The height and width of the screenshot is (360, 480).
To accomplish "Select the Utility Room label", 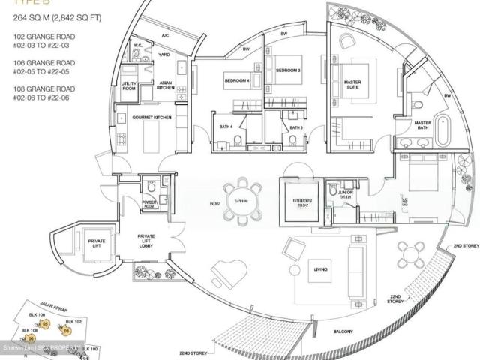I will point(129,85).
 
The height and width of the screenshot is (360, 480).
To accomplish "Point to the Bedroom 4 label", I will point(238,79).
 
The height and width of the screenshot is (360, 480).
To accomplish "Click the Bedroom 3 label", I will point(288,70).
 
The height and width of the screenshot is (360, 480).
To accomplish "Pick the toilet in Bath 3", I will point(292,139).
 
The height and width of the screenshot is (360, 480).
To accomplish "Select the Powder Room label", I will point(149,204).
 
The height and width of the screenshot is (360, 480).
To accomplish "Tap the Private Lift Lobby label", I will point(146,241).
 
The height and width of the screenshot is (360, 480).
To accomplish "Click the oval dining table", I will point(241,201).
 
